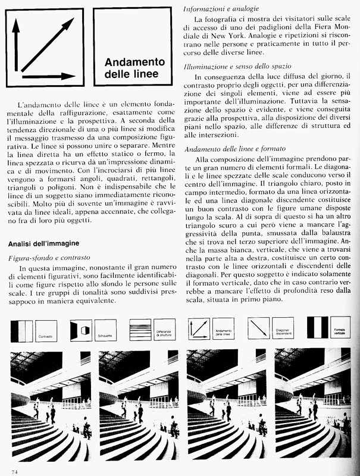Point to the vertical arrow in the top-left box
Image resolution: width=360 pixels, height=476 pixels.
(16, 48)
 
